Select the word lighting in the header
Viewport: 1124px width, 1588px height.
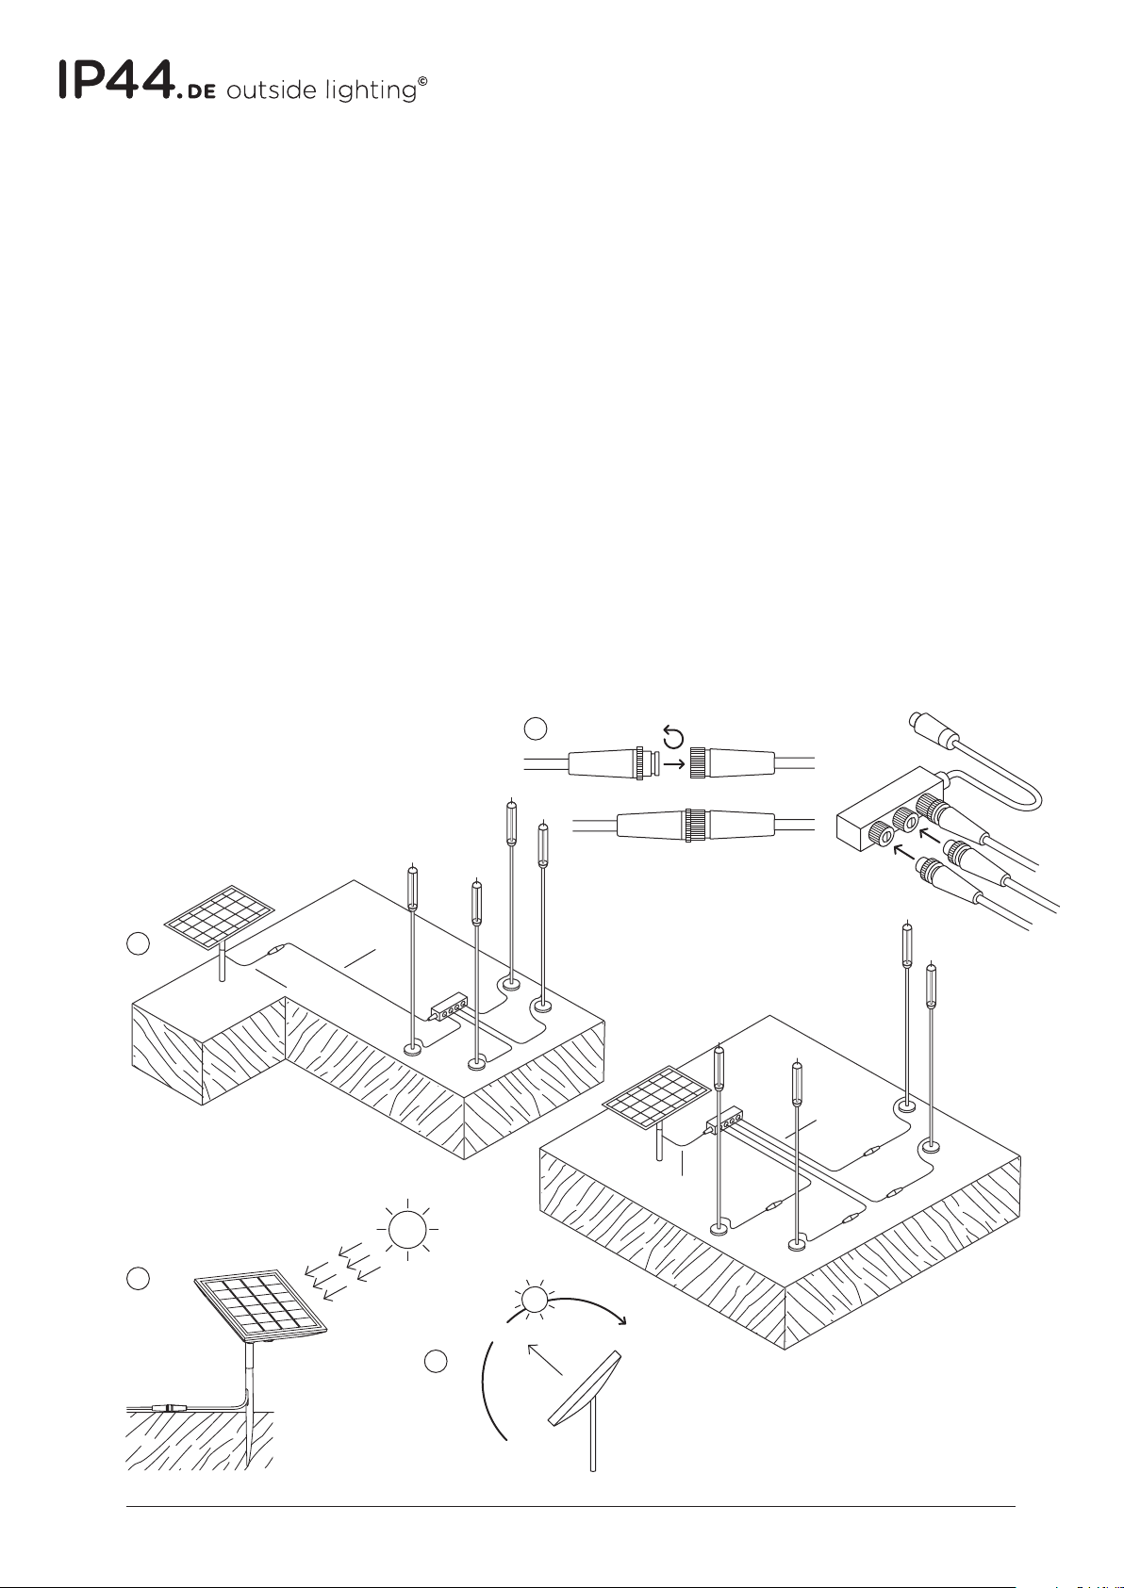click(x=372, y=90)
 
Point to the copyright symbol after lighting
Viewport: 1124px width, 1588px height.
click(x=422, y=81)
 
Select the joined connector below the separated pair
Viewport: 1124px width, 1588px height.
click(x=695, y=825)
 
